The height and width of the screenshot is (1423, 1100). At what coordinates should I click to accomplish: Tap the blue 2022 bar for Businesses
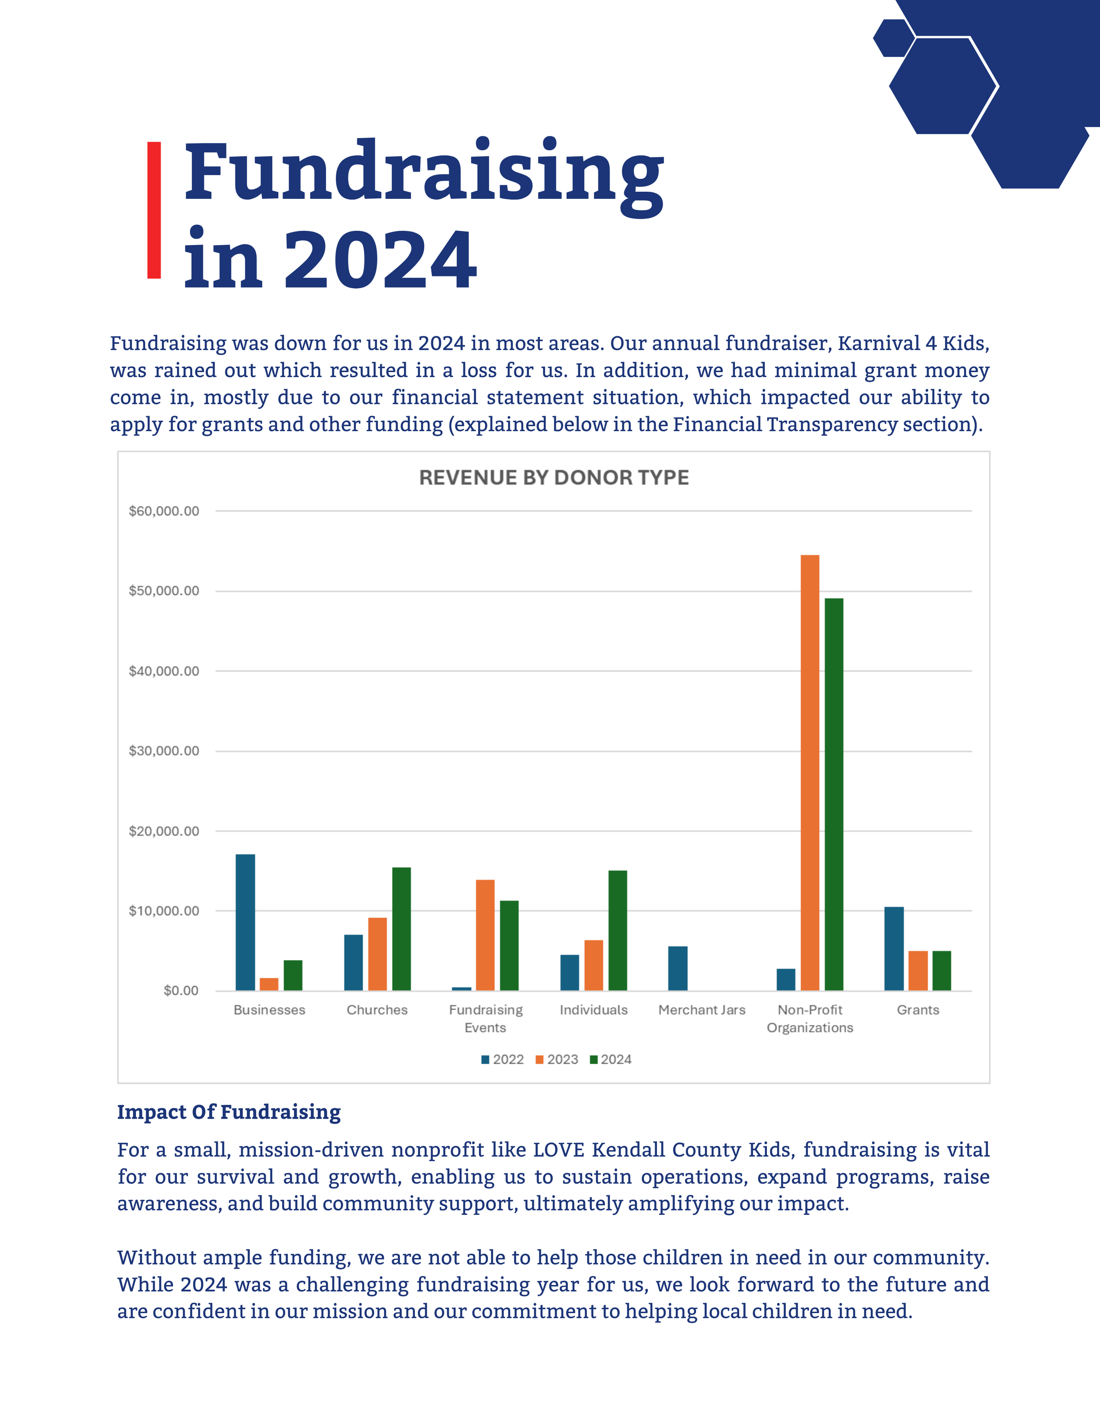tap(245, 922)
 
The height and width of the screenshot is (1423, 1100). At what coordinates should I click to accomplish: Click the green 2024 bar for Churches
tap(401, 929)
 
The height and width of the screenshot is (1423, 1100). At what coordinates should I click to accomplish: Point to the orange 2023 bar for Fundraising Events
tap(485, 935)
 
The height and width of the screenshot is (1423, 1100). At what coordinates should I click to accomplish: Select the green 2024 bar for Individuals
tap(618, 930)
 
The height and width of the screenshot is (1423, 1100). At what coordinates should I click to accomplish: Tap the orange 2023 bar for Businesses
tap(269, 984)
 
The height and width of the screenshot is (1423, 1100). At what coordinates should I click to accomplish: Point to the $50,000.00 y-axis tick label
tap(164, 591)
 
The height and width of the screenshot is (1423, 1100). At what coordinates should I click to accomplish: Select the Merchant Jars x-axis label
tap(701, 1010)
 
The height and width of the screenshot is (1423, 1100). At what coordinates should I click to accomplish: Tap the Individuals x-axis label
tap(594, 1010)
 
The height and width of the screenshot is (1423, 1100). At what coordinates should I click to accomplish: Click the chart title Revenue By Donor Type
tap(554, 478)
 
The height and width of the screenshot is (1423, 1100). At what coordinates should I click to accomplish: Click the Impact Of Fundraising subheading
tap(229, 1112)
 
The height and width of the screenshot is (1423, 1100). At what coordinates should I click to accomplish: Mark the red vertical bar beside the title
tap(154, 210)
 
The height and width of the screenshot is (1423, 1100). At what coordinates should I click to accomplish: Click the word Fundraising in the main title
tap(424, 173)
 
